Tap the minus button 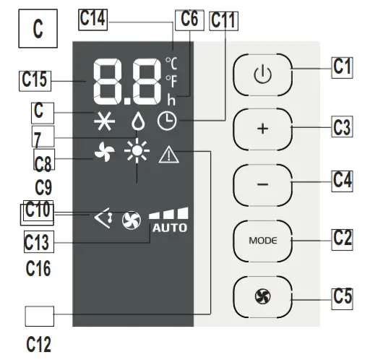point(262,183)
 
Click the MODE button point(262,239)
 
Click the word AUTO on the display point(169,228)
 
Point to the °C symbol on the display point(171,62)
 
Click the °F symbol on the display point(171,79)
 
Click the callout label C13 point(37,239)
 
